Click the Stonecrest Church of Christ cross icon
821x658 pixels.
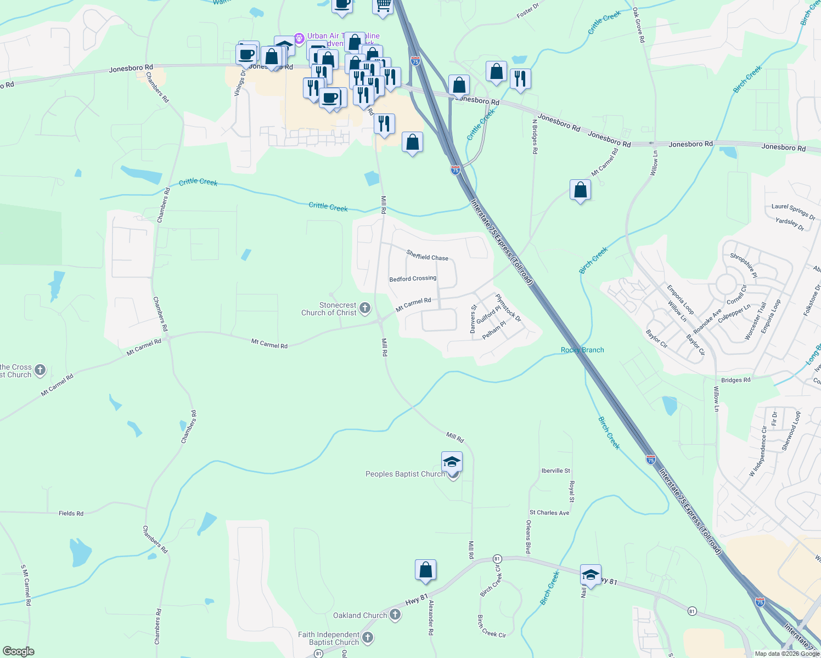point(365,309)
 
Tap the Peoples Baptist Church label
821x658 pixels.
point(405,474)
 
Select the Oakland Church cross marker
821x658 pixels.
point(395,615)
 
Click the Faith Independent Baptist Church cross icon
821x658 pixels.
point(368,637)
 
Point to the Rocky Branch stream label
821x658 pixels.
point(582,350)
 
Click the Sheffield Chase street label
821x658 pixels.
point(428,256)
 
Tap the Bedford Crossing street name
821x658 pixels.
point(413,279)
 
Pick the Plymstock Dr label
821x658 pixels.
point(508,308)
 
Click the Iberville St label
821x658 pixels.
point(555,470)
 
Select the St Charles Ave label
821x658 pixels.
point(549,513)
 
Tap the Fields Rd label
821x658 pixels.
point(71,513)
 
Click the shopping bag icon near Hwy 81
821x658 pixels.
point(425,570)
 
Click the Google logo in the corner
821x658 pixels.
point(18,651)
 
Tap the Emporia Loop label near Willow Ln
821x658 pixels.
point(680,299)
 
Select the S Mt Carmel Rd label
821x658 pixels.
point(26,585)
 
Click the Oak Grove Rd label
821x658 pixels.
point(639,25)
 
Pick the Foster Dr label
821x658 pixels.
point(528,11)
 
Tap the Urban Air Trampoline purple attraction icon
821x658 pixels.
point(299,38)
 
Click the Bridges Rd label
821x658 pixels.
point(735,380)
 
